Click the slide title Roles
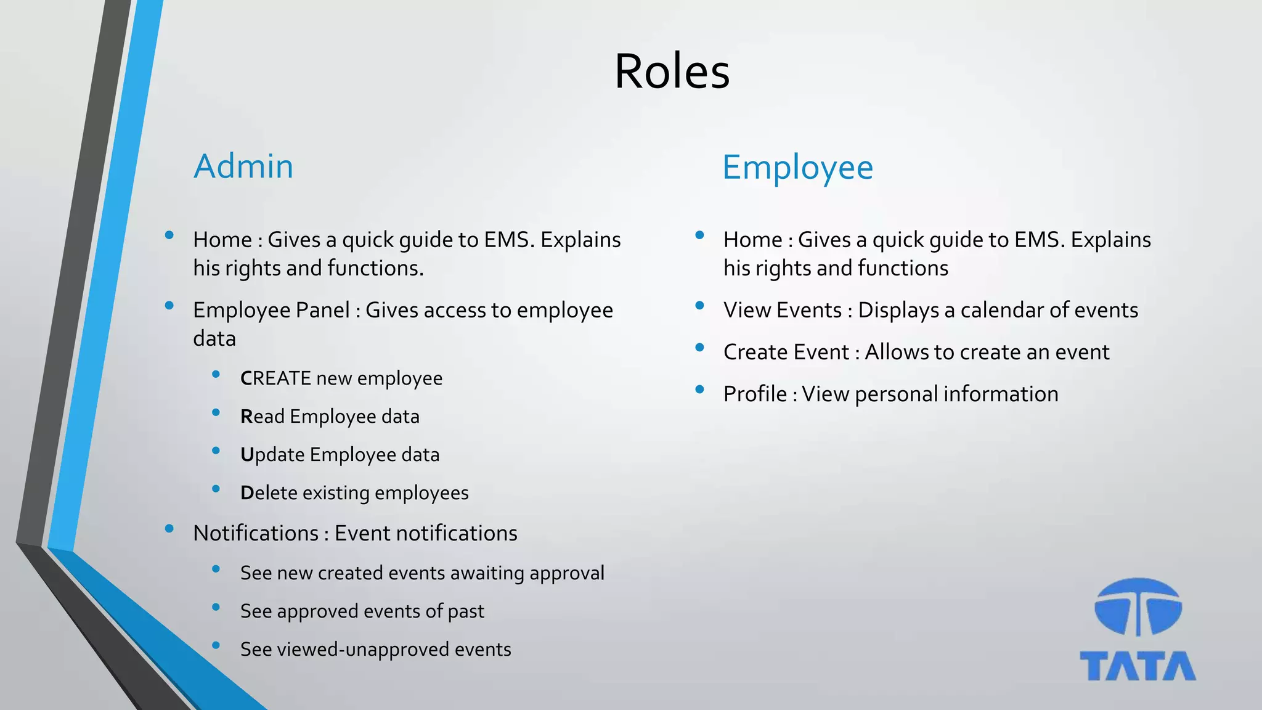tap(672, 71)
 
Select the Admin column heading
tap(243, 166)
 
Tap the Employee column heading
tap(797, 168)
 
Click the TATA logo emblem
tap(1138, 607)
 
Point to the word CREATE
tap(275, 378)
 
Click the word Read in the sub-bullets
tap(263, 417)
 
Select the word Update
tap(272, 455)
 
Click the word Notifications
tap(256, 533)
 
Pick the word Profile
tap(755, 394)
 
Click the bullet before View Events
tap(699, 305)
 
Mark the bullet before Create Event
tap(699, 347)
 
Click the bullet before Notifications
tap(169, 528)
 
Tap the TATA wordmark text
tap(1138, 666)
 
